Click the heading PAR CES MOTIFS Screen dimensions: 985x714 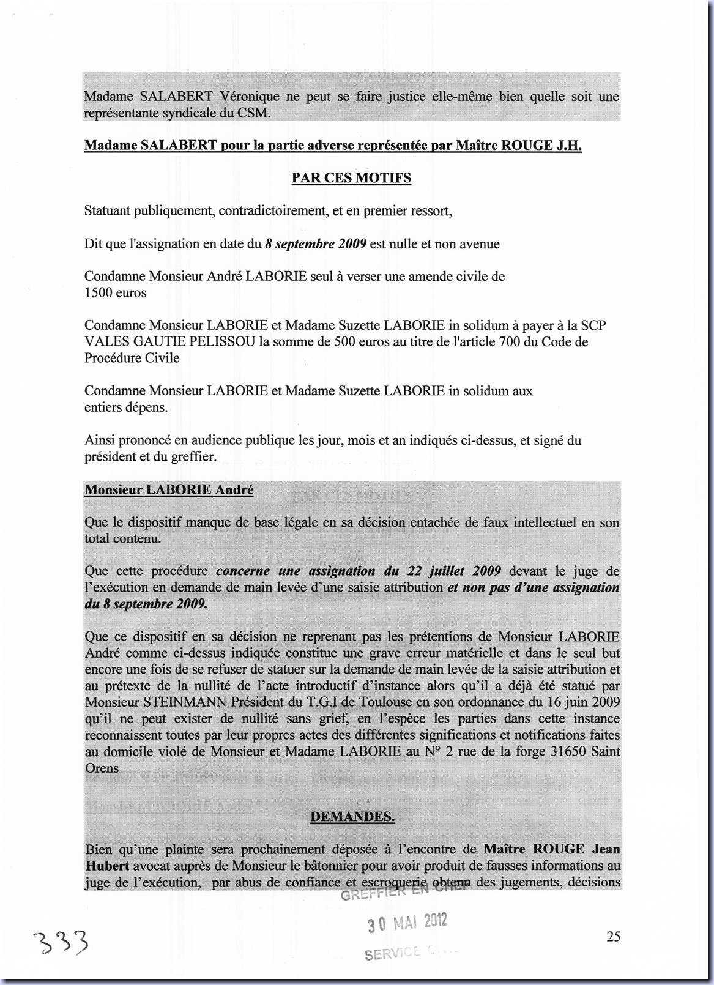(x=351, y=178)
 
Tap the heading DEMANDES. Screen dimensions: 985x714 (x=352, y=817)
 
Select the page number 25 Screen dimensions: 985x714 (x=613, y=936)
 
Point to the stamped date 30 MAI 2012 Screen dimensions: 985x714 (x=407, y=923)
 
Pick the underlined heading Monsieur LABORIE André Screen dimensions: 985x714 (x=169, y=490)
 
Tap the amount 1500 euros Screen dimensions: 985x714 (x=116, y=293)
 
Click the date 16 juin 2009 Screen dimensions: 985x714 (x=579, y=702)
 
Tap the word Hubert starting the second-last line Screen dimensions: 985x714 (x=106, y=866)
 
